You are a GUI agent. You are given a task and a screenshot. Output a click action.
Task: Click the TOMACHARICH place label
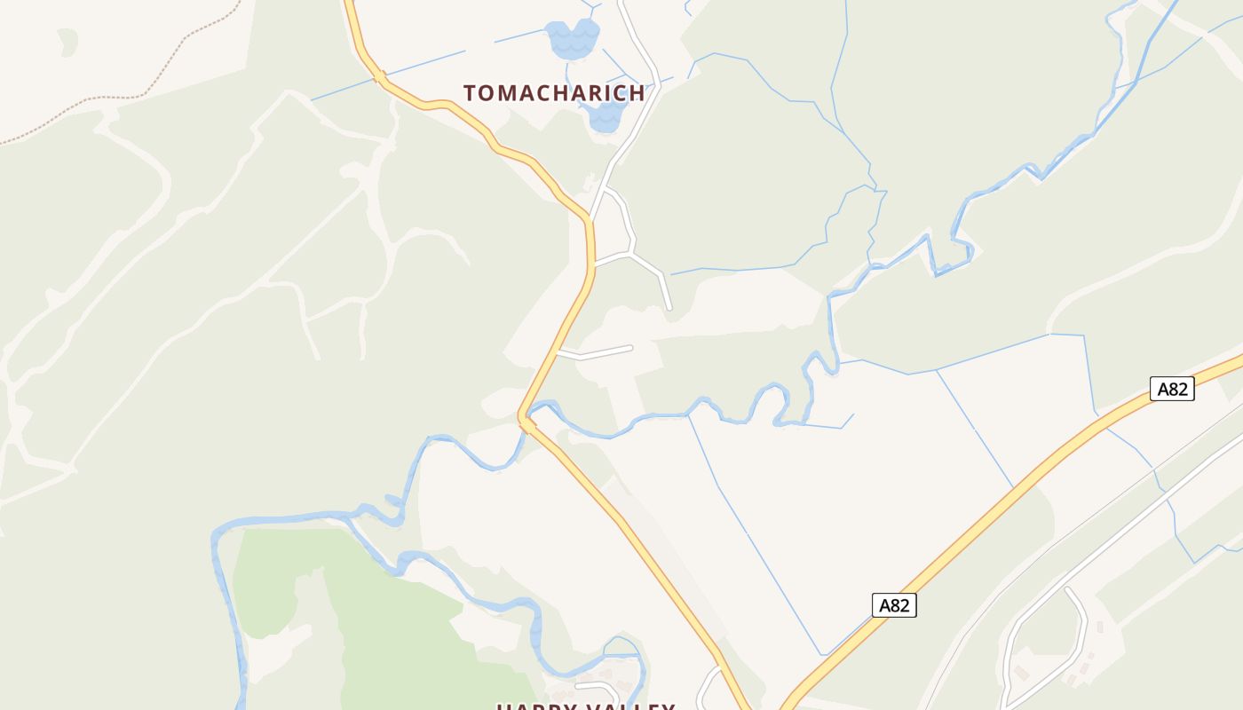[553, 93]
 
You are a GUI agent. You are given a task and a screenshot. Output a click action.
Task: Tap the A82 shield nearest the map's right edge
[1171, 389]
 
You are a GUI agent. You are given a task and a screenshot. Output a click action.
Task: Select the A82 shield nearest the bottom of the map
[893, 605]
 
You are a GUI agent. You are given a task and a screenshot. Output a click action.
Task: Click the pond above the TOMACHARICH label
[573, 38]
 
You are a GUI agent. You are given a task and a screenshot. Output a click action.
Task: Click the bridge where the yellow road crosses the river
[526, 424]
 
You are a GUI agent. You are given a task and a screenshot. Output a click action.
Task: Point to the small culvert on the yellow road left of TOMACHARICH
[380, 78]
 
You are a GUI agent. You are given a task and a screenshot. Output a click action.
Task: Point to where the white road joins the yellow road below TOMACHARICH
[590, 217]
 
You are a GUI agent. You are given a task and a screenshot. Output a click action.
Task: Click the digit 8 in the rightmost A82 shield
[1173, 389]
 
